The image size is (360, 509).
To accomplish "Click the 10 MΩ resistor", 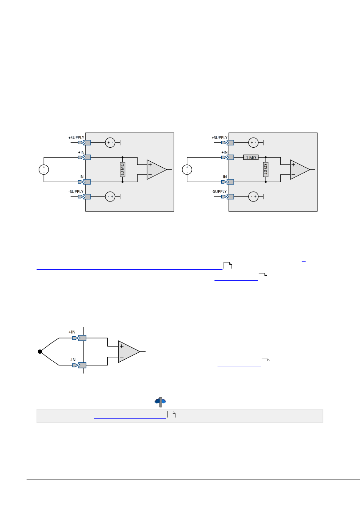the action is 122,170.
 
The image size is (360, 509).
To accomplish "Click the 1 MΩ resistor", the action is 251,158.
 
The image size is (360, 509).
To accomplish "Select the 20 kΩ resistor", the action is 266,170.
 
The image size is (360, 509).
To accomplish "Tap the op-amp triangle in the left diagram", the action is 156,170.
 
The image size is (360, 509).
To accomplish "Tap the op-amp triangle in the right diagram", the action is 299,170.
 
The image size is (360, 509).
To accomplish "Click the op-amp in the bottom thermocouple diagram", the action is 128,352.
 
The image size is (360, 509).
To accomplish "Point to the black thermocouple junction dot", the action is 40,352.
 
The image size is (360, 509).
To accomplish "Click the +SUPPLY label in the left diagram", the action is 76,138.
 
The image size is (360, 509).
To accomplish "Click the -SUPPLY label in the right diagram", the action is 219,192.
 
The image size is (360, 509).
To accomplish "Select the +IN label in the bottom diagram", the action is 72,332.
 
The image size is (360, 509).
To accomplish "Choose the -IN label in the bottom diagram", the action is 72,360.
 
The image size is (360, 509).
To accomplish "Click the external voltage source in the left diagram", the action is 44,170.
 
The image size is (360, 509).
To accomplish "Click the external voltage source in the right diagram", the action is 187,170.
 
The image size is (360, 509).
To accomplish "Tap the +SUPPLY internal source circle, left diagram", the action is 110,143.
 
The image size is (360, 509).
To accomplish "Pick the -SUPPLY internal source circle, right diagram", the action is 253,197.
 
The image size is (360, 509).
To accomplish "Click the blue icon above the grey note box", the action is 160,401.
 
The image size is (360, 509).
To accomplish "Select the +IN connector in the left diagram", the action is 86,158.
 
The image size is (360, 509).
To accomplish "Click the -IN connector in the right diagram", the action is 230,182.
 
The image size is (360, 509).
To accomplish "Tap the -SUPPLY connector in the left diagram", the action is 86,197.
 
